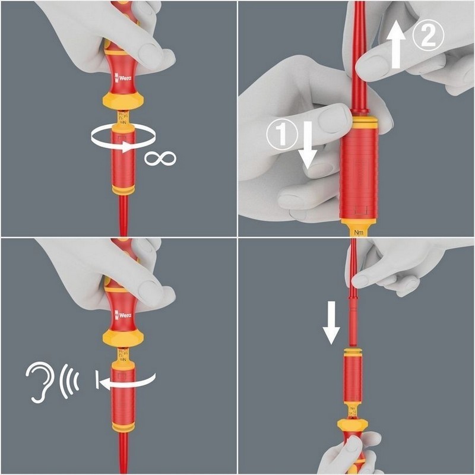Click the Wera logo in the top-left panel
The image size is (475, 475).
pyautogui.click(x=124, y=76)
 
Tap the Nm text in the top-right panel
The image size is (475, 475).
pyautogui.click(x=358, y=233)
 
